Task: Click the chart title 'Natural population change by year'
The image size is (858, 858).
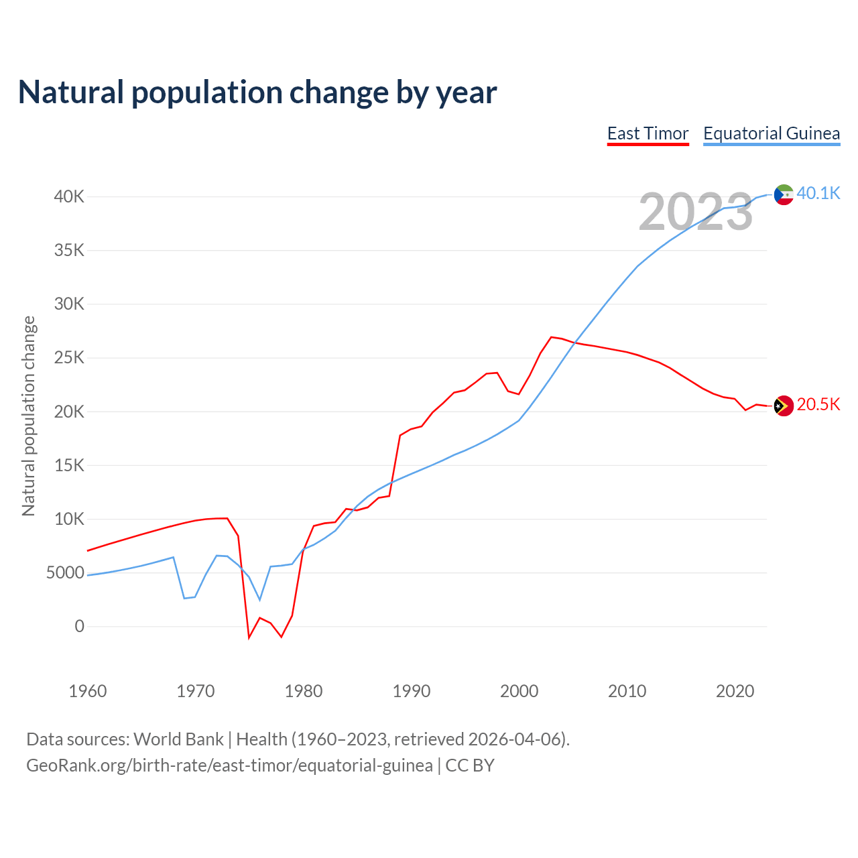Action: point(257,93)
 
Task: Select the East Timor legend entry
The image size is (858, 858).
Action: point(648,133)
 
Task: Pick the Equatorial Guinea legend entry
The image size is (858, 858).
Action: point(772,133)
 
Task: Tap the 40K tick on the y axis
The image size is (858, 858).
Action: point(70,196)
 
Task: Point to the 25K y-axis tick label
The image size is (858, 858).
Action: point(70,358)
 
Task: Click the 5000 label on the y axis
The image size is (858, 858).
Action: point(65,572)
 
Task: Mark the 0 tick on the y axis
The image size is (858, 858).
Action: point(80,626)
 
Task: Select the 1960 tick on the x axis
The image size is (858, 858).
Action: point(88,691)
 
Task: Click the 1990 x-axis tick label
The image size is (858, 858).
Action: point(412,691)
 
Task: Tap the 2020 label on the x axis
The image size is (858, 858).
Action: point(735,691)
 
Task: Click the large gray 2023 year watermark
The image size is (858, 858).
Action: point(696,212)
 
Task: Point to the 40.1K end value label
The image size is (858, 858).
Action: point(818,193)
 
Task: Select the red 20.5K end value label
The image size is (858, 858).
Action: point(818,404)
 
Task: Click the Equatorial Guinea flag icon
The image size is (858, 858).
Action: point(784,194)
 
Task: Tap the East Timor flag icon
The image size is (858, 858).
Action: point(784,406)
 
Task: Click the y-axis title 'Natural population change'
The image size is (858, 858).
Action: point(28,416)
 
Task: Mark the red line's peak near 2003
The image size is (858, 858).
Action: point(551,337)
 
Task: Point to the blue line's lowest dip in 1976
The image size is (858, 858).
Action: point(260,600)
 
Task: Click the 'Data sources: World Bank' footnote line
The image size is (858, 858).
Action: point(298,739)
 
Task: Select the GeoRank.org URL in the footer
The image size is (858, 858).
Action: point(229,765)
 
